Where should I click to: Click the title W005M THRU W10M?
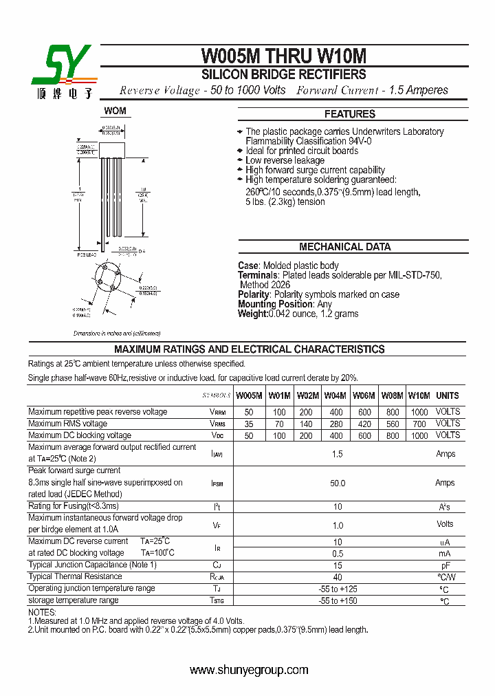[284, 56]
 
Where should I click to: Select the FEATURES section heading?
[349, 114]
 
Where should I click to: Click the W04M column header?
[335, 395]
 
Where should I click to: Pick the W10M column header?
[419, 395]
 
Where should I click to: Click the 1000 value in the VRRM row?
[419, 412]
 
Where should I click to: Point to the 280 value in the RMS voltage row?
[335, 424]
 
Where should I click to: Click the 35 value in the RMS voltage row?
[248, 424]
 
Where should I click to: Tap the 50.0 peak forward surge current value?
[337, 483]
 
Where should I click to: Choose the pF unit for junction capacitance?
[445, 565]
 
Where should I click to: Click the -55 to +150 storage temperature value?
[337, 601]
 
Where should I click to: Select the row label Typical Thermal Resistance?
[75, 577]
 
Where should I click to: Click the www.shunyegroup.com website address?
[248, 670]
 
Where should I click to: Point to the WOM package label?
[115, 111]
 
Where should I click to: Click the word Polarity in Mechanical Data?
[254, 294]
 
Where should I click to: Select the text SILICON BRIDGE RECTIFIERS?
[283, 74]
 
